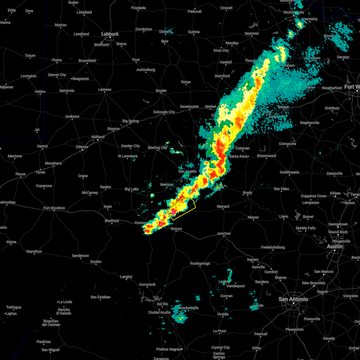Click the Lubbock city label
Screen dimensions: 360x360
110,34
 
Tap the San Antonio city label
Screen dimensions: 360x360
293,299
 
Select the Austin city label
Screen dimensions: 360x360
334,246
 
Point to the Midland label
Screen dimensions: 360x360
98,137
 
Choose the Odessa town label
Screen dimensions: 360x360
82,147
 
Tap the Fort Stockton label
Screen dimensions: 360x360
54,208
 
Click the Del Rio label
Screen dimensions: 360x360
163,304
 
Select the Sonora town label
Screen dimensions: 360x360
176,229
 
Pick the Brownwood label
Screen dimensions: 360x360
266,156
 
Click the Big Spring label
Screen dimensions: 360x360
130,121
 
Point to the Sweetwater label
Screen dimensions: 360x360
189,106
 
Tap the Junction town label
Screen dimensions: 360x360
224,233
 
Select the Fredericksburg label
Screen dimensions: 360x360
273,247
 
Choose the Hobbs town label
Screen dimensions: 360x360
40,91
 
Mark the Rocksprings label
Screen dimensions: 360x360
200,263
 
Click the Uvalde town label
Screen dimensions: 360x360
223,314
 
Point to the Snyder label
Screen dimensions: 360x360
161,91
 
